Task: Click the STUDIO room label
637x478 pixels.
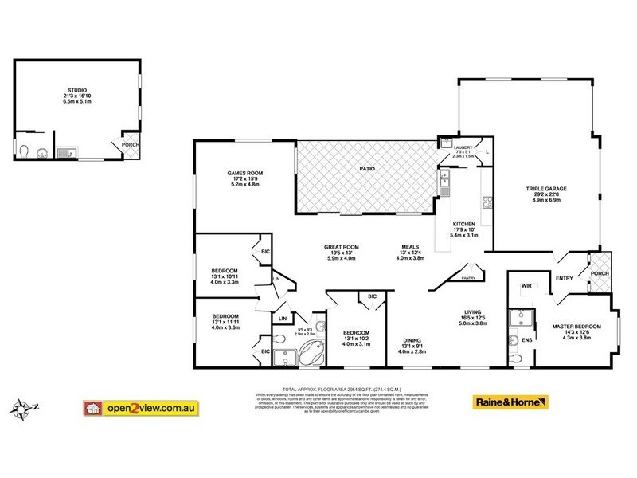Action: point(77,90)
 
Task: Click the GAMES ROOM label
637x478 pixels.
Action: point(245,173)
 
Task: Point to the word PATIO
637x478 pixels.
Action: point(366,169)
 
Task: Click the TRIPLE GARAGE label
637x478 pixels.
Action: point(545,189)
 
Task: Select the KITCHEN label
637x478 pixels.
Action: point(463,224)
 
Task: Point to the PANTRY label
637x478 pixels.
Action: point(467,278)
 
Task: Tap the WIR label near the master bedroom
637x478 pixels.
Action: point(526,285)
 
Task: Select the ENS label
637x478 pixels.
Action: point(526,340)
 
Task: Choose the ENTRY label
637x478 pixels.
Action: point(564,277)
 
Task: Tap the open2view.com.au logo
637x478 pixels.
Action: point(140,408)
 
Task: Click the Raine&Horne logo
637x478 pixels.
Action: point(510,402)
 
